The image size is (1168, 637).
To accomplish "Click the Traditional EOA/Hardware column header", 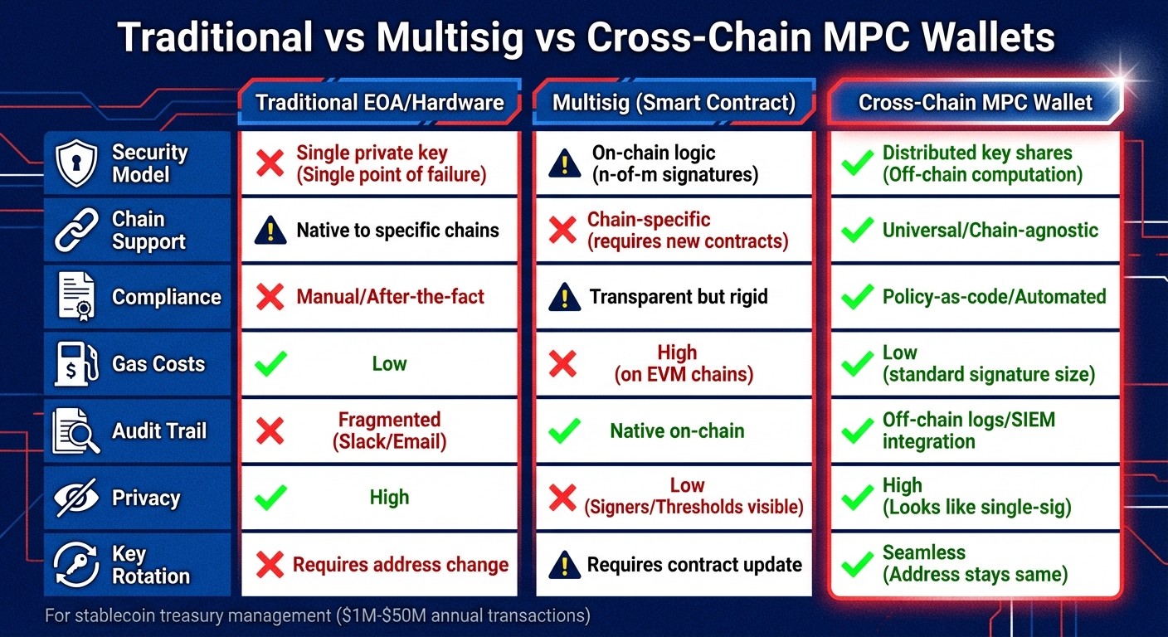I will (379, 103).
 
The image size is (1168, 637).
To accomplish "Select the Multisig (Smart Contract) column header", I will (674, 103).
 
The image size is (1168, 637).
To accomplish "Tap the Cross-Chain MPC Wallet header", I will (975, 103).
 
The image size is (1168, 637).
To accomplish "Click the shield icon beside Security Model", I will (76, 163).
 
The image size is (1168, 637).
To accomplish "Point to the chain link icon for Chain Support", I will (76, 231).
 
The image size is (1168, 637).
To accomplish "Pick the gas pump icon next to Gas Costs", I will (76, 364).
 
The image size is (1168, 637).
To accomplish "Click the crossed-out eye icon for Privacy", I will (76, 498).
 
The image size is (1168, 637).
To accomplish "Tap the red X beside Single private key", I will (270, 163).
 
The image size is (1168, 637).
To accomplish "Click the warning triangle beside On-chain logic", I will (565, 164).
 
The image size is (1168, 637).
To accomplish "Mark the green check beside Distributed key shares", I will (857, 163).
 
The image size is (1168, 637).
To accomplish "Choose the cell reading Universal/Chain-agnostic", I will (990, 230).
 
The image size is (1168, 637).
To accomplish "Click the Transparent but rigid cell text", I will (678, 297).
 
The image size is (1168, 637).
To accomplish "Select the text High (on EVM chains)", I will (683, 363).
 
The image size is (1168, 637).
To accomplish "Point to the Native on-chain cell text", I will (677, 430).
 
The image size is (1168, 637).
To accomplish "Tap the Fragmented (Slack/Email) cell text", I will (389, 430).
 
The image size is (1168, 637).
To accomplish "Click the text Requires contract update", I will (694, 565).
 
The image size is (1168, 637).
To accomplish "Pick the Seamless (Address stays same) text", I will (975, 563).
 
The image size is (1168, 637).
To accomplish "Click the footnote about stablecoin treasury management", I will (319, 615).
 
